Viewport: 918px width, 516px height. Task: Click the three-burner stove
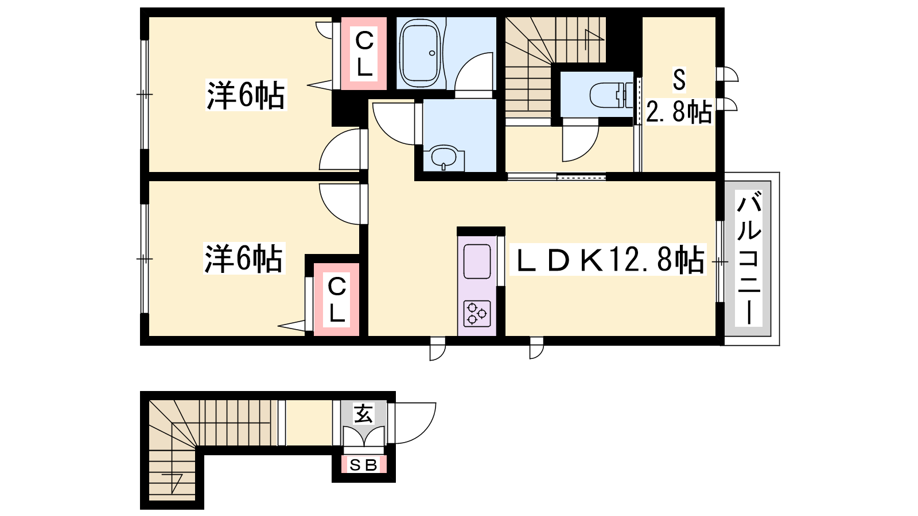[477, 313]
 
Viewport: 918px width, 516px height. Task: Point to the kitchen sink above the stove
[477, 261]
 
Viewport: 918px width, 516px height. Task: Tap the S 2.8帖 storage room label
[679, 97]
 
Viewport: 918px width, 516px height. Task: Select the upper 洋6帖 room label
[246, 96]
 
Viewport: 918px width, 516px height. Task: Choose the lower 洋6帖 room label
[244, 259]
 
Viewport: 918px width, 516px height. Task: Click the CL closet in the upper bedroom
[364, 53]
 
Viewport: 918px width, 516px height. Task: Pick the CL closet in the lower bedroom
[336, 299]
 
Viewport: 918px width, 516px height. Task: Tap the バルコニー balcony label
[749, 259]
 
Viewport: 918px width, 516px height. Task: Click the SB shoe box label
[363, 465]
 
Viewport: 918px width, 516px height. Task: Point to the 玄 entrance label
[364, 413]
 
